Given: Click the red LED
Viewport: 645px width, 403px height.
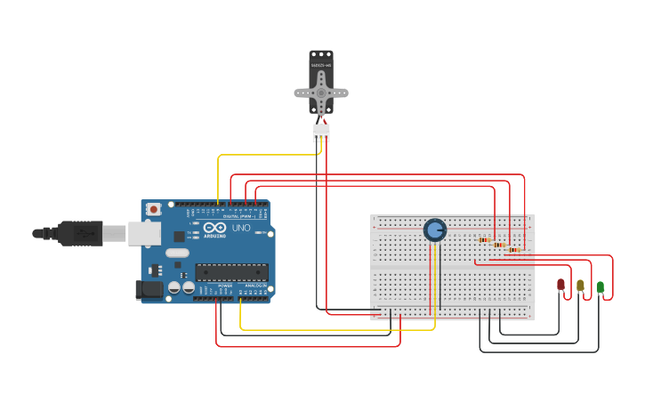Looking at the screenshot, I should click(x=560, y=285).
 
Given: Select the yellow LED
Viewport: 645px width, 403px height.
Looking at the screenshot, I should click(x=580, y=286).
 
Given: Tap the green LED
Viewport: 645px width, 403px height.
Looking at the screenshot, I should click(x=600, y=286).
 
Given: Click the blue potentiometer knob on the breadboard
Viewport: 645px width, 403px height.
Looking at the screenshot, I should click(x=434, y=230).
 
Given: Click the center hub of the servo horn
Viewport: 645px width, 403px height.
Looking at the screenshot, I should click(x=321, y=92).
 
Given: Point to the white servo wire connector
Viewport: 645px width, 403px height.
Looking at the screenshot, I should click(x=321, y=132).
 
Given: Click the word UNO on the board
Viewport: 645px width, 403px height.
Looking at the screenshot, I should click(x=241, y=228).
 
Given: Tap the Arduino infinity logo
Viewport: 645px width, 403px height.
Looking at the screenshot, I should click(x=214, y=228).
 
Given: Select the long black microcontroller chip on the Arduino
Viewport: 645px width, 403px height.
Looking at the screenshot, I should click(x=231, y=272).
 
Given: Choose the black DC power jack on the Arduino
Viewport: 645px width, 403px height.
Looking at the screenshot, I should click(x=149, y=289).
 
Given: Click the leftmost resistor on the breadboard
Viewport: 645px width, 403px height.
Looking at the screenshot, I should click(x=483, y=239).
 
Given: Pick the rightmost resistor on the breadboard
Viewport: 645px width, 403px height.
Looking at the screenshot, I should click(x=513, y=250).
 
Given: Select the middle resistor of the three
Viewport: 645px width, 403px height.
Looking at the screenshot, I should click(x=498, y=245).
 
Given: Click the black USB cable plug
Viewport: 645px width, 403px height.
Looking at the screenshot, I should click(x=80, y=233).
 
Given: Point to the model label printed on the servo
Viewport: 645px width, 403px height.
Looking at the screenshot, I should click(x=321, y=66).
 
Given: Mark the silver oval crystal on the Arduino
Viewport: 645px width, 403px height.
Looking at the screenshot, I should click(x=178, y=253).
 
